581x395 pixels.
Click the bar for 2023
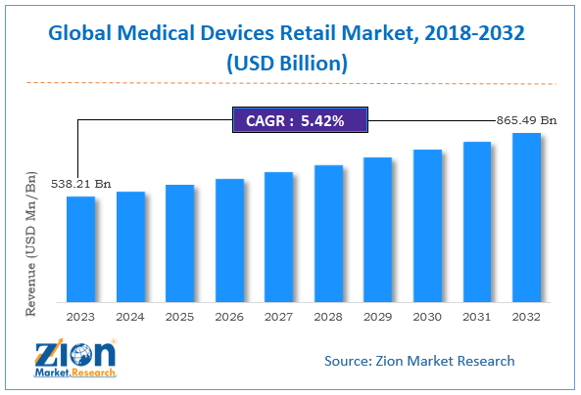pos(81,248)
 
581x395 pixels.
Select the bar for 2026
pos(229,240)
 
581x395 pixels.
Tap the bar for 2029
pos(377,229)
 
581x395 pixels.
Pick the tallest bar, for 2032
pos(526,216)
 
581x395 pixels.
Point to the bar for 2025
pos(180,242)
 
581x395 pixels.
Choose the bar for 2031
pos(476,221)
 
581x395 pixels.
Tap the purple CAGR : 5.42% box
pos(297,121)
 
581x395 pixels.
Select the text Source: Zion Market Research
pos(419,361)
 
